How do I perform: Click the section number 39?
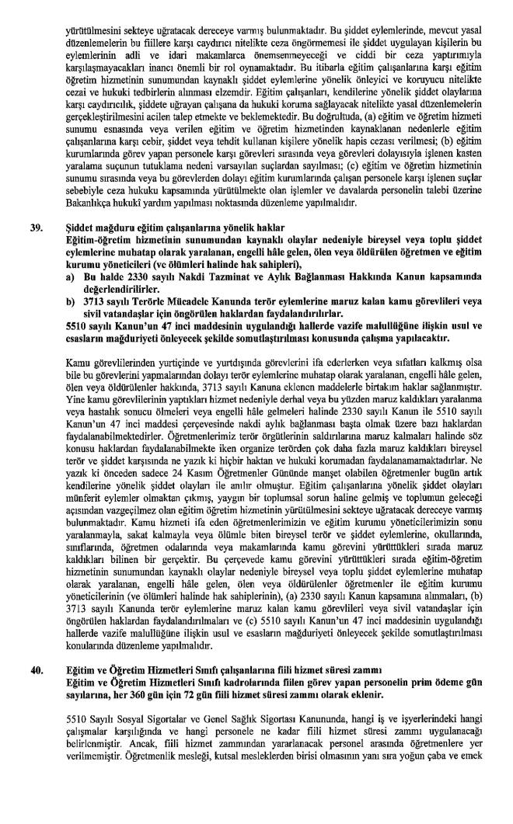pos(36,228)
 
